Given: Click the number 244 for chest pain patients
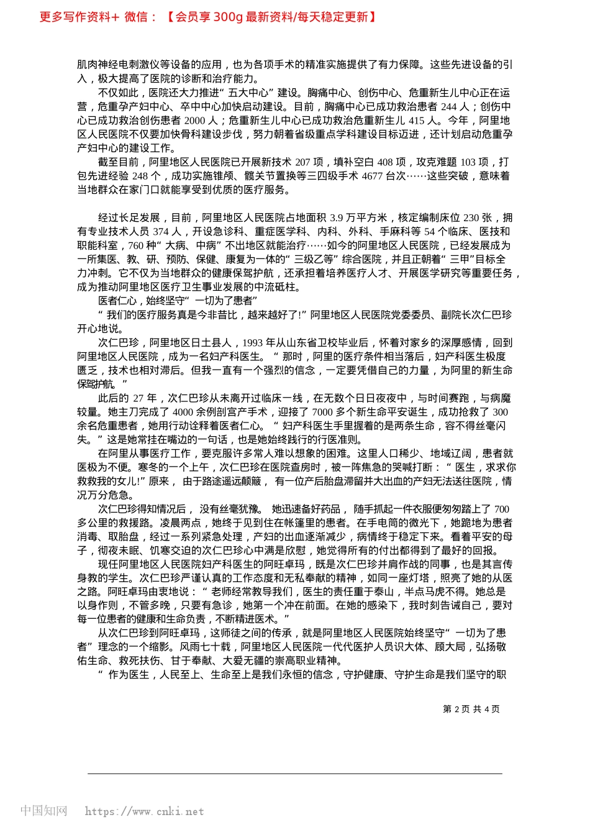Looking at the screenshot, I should point(449,107).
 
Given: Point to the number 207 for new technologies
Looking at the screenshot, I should point(302,162).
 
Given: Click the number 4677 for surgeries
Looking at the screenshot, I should point(372,176).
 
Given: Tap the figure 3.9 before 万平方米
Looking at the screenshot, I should point(337,217).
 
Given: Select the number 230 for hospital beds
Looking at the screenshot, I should point(471,217).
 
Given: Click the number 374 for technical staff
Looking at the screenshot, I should point(161,231).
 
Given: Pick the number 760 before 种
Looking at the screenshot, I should point(135,245).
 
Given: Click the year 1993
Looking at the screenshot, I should point(252,342).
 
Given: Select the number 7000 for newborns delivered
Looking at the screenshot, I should point(323,412).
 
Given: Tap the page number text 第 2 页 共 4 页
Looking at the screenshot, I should point(471,709).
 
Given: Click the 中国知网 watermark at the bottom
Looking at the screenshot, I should point(43,811).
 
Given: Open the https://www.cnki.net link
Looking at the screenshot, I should point(144,811).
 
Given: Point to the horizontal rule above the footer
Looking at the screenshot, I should point(295,773).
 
